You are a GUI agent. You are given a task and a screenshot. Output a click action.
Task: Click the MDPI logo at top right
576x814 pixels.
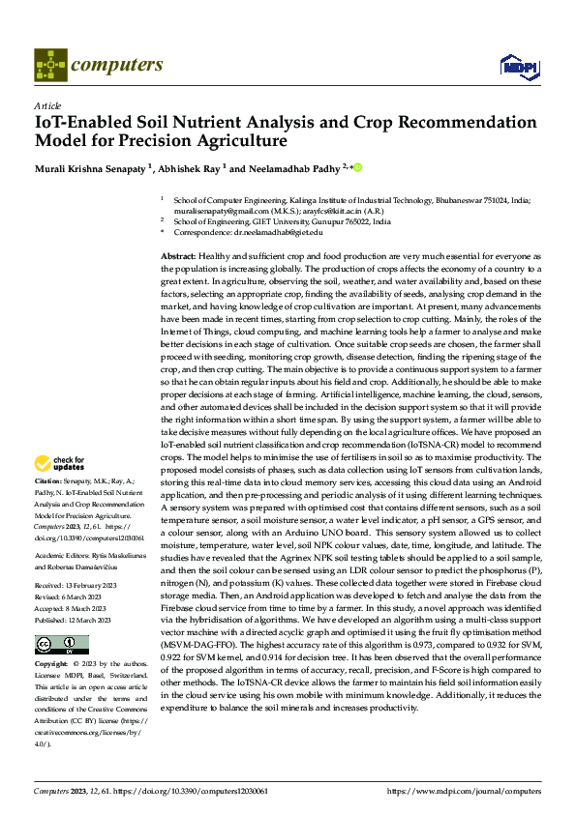point(517,66)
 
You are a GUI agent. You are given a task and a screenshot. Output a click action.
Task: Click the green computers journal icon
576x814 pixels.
point(49,65)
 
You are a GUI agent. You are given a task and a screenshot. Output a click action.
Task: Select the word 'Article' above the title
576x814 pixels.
point(47,105)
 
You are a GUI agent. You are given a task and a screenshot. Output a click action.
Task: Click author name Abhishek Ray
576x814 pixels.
point(189,168)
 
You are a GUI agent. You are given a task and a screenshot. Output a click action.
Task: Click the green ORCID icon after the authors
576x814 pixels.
point(357,167)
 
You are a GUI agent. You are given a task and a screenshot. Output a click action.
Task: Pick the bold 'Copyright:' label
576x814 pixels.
point(52,665)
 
